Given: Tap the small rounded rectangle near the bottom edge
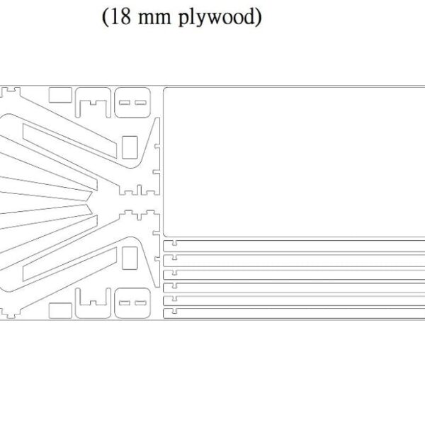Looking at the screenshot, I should click(59, 310).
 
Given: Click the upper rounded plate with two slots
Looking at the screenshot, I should click(132, 103).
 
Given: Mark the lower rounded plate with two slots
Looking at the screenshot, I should click(132, 302).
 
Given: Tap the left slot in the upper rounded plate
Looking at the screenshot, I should click(124, 103).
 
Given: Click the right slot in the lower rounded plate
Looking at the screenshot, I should click(140, 302).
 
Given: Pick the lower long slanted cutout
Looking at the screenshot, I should click(71, 263).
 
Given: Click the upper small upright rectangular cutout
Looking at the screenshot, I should click(130, 147).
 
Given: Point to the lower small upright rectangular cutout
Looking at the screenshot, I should click(130, 257).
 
